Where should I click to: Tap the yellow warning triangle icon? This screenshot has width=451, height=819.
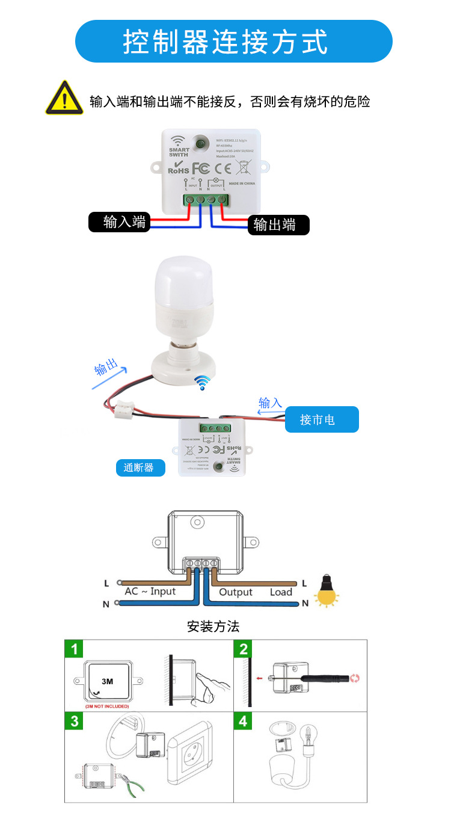64,98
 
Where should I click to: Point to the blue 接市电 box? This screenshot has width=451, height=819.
321,419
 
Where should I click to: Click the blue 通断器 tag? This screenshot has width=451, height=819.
140,468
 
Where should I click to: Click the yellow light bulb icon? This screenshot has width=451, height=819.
328,591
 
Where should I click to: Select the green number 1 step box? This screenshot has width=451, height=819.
74,649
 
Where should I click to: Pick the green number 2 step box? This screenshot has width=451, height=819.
243,649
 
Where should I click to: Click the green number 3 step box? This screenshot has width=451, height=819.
74,721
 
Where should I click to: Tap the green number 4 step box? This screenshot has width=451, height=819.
243,721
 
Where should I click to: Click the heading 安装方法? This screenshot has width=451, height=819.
213,626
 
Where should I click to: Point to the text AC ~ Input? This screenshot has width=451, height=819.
150,592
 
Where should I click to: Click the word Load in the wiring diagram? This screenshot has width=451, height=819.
281,592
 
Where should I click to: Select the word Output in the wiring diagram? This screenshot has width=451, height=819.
236,592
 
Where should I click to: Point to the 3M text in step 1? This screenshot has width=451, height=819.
108,682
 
